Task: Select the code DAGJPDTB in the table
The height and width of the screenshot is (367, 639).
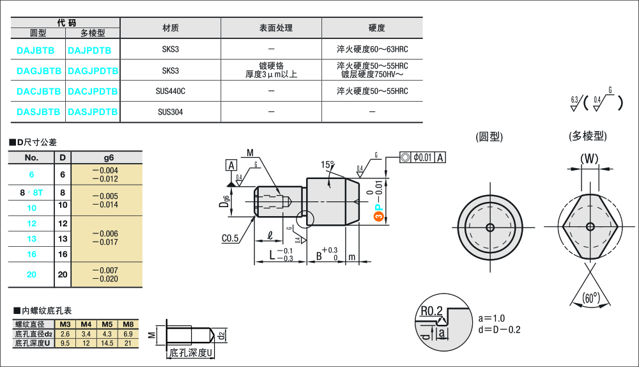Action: pos(93,70)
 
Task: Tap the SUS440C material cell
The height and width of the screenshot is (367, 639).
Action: pos(170,91)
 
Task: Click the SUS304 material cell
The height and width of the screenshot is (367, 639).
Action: pos(170,112)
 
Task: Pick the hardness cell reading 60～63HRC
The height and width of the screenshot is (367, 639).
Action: pos(372,49)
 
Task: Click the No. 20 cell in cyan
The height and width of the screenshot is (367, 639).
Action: pos(31,274)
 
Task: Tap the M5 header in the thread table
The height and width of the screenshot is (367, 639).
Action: pos(107,324)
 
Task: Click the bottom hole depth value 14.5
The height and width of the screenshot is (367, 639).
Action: pos(107,343)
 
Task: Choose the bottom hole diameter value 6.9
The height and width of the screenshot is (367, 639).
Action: pos(128,334)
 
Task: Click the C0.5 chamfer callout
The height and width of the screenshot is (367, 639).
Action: pos(230,238)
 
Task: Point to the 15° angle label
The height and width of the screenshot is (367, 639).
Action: pos(328,165)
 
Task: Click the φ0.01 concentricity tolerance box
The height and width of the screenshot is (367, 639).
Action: pos(422,157)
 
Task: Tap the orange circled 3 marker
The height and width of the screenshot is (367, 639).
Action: pos(378,218)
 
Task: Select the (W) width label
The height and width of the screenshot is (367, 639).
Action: pos(589,159)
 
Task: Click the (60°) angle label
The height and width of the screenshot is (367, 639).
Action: pos(591,297)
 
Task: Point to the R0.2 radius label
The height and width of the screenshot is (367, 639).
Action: pos(432,311)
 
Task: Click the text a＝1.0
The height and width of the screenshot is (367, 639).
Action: pos(491,318)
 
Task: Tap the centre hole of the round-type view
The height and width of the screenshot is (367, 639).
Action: pos(490,228)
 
